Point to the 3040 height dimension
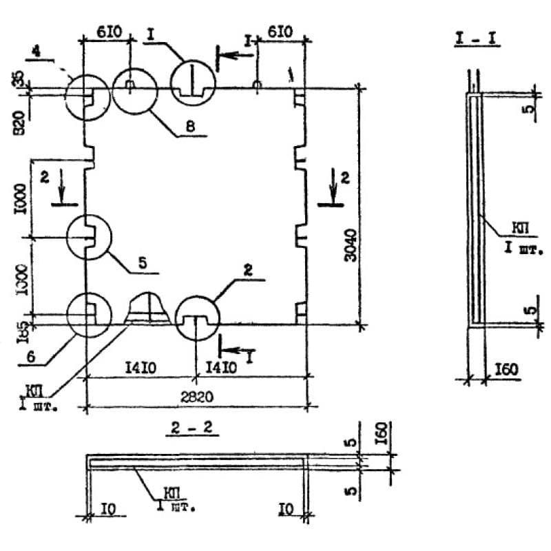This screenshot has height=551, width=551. (x=351, y=245)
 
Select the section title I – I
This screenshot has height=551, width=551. (x=477, y=39)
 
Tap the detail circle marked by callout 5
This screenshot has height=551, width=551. (x=89, y=237)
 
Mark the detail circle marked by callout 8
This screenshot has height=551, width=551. (x=135, y=90)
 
